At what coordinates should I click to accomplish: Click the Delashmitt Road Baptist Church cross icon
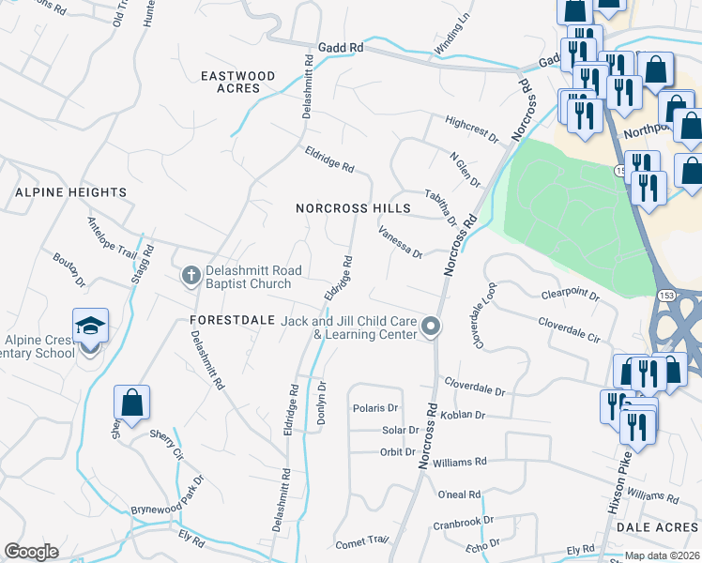191,276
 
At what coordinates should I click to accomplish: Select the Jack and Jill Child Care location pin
431,327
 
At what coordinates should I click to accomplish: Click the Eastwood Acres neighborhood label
238,82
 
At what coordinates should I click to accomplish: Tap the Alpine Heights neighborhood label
70,192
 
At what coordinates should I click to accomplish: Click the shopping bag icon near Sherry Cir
132,403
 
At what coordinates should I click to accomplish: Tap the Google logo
31,552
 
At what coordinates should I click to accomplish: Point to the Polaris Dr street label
375,408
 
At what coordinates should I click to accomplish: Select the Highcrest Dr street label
472,129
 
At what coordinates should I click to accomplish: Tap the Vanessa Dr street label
401,242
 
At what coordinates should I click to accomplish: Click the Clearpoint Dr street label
570,295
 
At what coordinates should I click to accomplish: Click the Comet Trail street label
361,540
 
